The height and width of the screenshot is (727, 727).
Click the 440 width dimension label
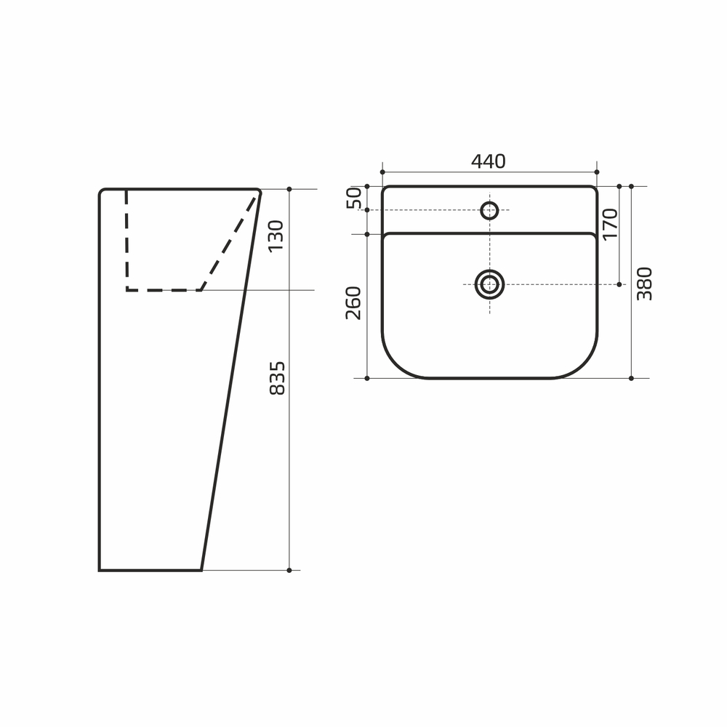click(x=488, y=161)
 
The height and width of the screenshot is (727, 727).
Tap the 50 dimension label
click(x=354, y=198)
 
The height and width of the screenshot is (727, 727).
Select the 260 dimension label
click(x=354, y=302)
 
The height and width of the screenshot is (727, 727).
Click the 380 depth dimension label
click(x=645, y=284)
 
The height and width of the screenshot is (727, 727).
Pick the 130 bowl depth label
click(x=276, y=236)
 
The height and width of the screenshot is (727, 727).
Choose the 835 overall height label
click(x=277, y=378)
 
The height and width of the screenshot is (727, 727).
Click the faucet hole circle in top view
click(x=489, y=211)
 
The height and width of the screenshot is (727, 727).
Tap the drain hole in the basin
click(x=489, y=284)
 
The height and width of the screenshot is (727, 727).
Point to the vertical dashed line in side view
click(x=126, y=240)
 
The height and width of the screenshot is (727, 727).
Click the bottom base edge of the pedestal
click(x=150, y=570)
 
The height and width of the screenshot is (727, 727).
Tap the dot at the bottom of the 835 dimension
click(x=289, y=570)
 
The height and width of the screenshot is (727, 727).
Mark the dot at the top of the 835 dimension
click(x=289, y=189)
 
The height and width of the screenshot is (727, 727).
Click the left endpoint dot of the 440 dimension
click(x=382, y=172)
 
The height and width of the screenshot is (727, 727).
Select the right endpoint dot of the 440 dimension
click(x=597, y=172)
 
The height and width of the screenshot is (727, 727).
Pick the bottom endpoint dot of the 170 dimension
click(x=619, y=284)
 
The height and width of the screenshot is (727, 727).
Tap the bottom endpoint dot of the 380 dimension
click(x=631, y=378)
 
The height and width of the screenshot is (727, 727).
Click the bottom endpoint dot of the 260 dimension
click(x=367, y=378)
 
